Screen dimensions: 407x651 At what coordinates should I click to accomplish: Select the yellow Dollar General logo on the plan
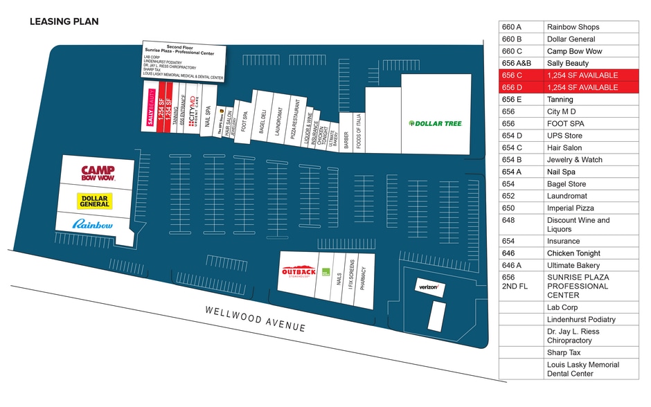[x=95, y=201]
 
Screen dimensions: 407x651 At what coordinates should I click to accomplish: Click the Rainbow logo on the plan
[x=92, y=224]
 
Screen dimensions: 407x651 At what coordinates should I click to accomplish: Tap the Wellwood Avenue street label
[x=255, y=318]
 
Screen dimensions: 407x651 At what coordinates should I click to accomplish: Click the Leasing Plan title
[x=64, y=21]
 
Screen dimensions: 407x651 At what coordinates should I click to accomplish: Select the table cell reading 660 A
[x=521, y=27]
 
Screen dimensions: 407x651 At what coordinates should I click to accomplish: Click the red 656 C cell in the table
[x=521, y=75]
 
